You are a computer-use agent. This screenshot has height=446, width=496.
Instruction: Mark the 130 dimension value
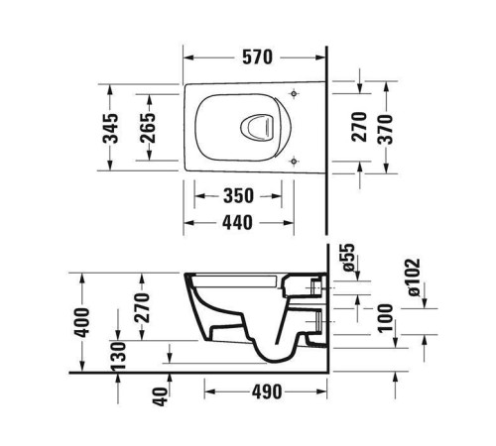click(119, 355)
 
